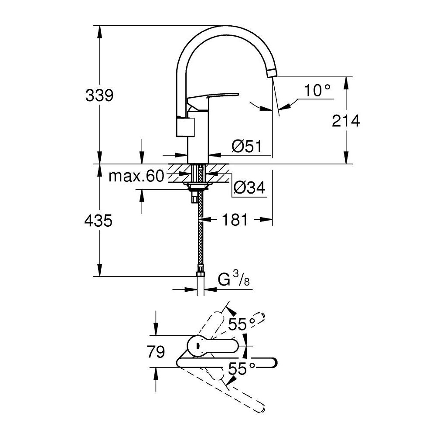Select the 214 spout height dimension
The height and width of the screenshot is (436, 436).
(x=346, y=121)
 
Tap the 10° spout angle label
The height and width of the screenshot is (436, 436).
(x=317, y=91)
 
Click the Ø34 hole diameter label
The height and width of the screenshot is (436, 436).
(x=249, y=188)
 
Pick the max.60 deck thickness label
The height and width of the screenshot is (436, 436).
(x=136, y=176)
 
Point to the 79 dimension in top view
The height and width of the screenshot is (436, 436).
(x=156, y=351)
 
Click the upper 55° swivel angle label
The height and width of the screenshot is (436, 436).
(x=242, y=324)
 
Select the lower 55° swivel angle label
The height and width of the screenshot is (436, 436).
(x=242, y=369)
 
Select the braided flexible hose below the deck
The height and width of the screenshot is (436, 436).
(x=200, y=235)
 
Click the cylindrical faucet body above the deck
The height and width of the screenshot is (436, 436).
(x=199, y=140)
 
